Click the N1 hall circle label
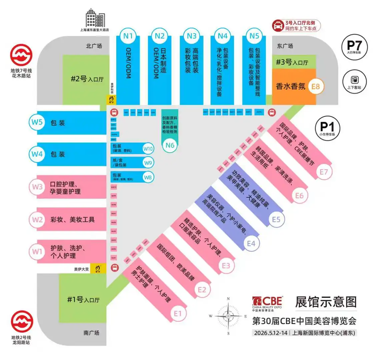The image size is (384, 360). pos(128,36)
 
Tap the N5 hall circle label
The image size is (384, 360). pos(254,36)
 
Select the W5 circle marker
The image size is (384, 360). pos(37,122)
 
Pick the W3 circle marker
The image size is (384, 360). pos(37,187)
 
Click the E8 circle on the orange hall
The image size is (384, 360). pos(315,86)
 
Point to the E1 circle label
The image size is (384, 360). pos(178,313)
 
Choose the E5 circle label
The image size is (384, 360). pos(276,219)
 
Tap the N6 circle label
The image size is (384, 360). pos(170,145)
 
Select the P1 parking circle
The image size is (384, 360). pos(327,128)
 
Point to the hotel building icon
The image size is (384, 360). pos(95,18)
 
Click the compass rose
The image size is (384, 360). pos(228,316)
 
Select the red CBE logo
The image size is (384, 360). pos(267,302)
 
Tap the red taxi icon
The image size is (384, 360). pos(277,25)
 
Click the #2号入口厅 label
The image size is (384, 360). pos(87,79)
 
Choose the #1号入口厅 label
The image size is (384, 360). pos(83,299)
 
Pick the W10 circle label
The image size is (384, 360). pos(148,149)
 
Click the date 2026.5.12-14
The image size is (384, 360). pos(271,333)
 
